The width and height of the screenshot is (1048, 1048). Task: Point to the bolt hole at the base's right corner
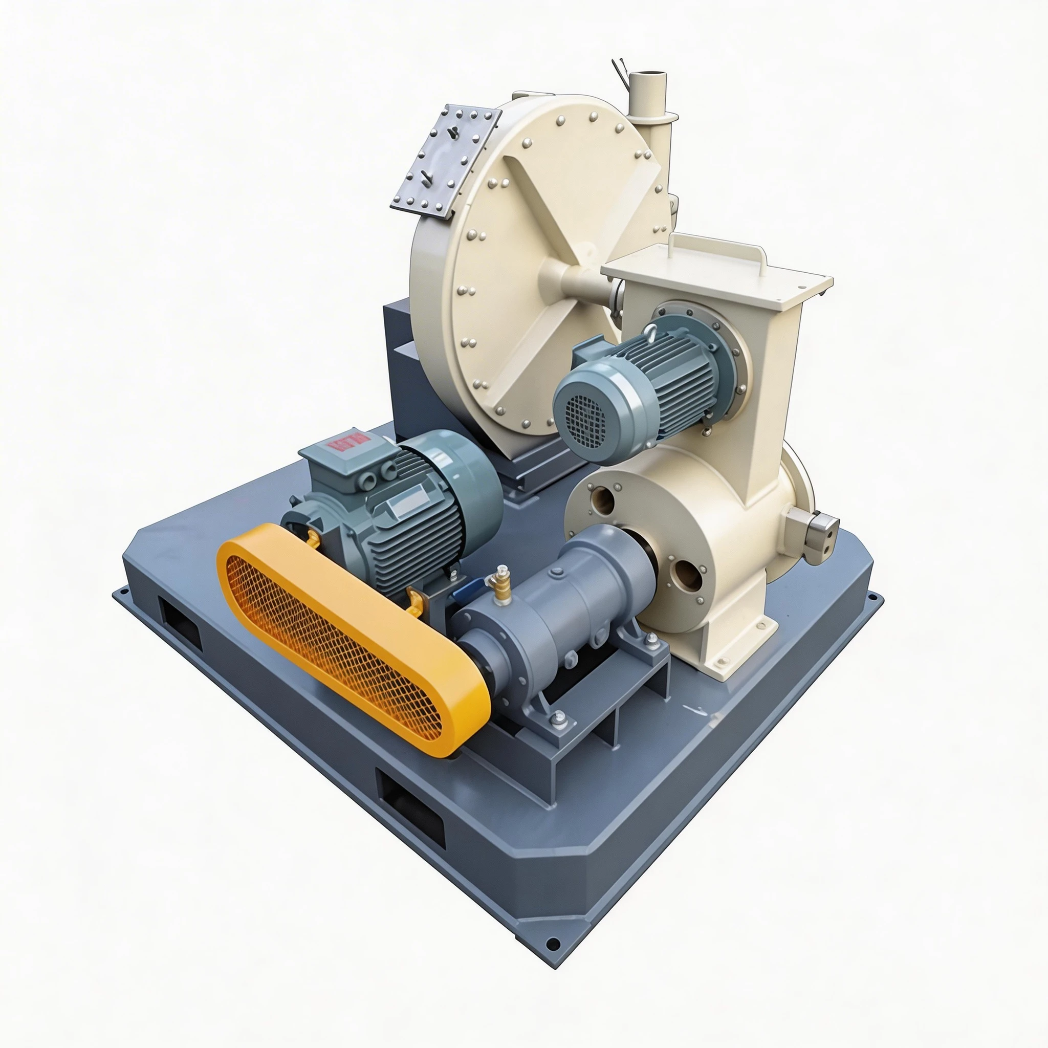point(873,598)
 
